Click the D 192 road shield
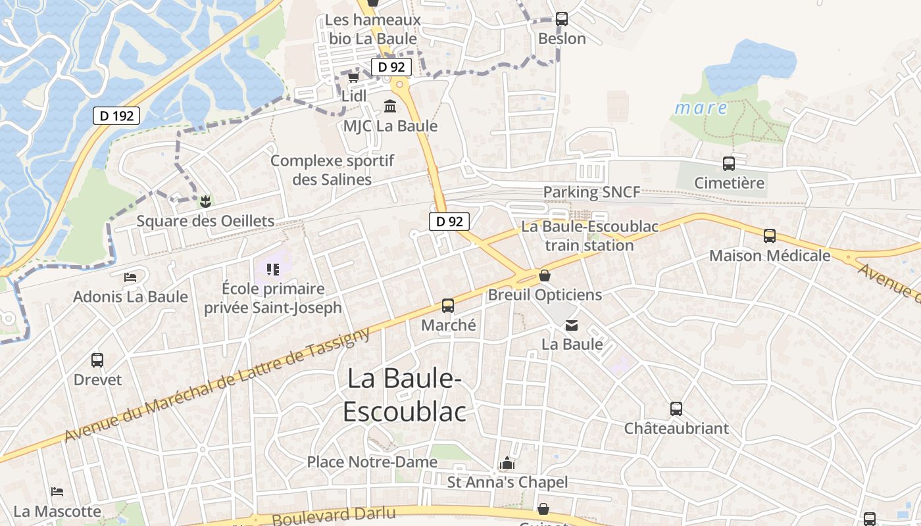click(117, 116)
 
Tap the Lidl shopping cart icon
click(353, 78)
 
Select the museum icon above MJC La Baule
click(390, 106)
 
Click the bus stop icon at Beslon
click(561, 19)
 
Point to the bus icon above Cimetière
click(729, 164)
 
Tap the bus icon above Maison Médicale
click(770, 236)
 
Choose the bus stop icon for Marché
click(448, 306)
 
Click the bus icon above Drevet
click(97, 360)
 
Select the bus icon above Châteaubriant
click(676, 409)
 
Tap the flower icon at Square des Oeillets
click(205, 201)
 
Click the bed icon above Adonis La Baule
click(130, 277)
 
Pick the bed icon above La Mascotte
click(57, 492)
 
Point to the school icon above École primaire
click(272, 269)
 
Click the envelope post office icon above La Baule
click(572, 325)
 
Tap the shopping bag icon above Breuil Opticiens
click(545, 275)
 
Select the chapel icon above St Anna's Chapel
click(507, 464)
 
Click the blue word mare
click(701, 108)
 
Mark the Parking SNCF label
click(591, 193)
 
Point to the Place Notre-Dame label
click(372, 462)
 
